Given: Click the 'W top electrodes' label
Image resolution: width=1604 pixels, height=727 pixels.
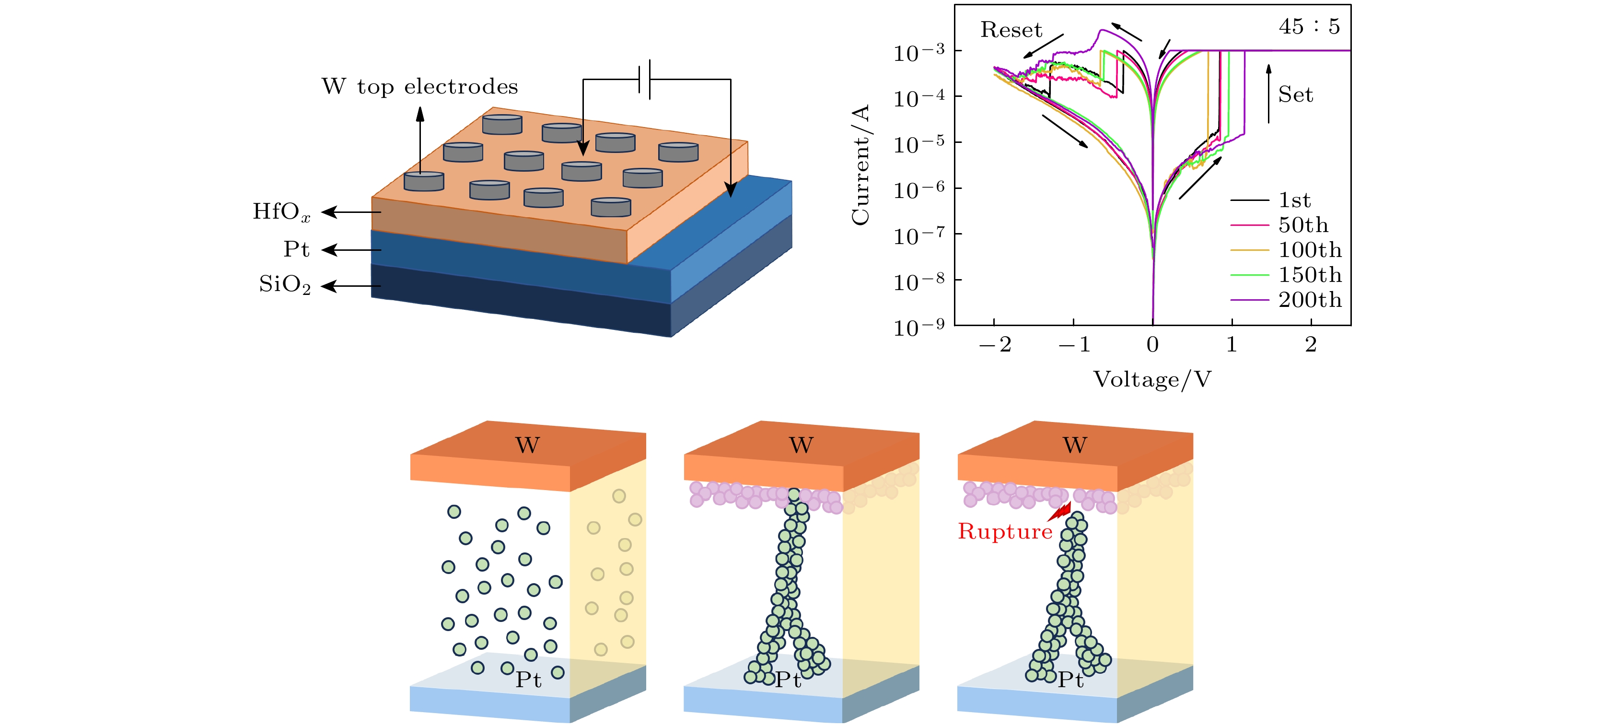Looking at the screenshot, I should pyautogui.click(x=419, y=87).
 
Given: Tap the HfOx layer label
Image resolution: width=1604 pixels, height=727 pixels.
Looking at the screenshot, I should pyautogui.click(x=281, y=212).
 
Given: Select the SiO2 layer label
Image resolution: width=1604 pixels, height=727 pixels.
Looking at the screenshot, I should pyautogui.click(x=285, y=285).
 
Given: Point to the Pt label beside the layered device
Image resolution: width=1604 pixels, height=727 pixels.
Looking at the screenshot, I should pyautogui.click(x=296, y=249).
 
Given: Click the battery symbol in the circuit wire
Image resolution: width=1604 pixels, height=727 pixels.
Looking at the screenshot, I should pyautogui.click(x=644, y=79).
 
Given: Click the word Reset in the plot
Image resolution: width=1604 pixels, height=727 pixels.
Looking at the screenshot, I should pyautogui.click(x=1011, y=30).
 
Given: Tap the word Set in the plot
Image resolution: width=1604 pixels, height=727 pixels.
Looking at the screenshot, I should pyautogui.click(x=1295, y=94).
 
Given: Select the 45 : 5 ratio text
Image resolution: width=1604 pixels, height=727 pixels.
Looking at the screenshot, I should pyautogui.click(x=1309, y=26).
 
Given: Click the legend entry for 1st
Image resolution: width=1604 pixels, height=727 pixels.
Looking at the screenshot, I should pyautogui.click(x=1294, y=200).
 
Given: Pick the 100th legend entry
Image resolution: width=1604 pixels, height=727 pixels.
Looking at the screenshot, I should pyautogui.click(x=1310, y=250).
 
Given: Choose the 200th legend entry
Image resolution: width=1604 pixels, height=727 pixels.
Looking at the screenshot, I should pyautogui.click(x=1310, y=300).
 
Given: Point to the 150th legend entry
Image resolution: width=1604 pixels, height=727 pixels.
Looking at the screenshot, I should pyautogui.click(x=1310, y=275).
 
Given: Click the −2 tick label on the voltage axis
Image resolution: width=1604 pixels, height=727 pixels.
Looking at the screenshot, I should pyautogui.click(x=995, y=344).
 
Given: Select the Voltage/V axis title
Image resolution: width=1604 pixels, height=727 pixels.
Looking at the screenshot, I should pyautogui.click(x=1152, y=379).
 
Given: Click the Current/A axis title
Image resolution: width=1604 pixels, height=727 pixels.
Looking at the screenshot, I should pyautogui.click(x=860, y=165).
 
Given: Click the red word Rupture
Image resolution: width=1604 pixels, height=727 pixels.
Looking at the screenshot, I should pyautogui.click(x=1004, y=531).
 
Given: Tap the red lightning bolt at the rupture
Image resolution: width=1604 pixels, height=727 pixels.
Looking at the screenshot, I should pyautogui.click(x=1059, y=512).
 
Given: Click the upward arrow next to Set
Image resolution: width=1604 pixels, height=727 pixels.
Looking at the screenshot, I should pyautogui.click(x=1268, y=94).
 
